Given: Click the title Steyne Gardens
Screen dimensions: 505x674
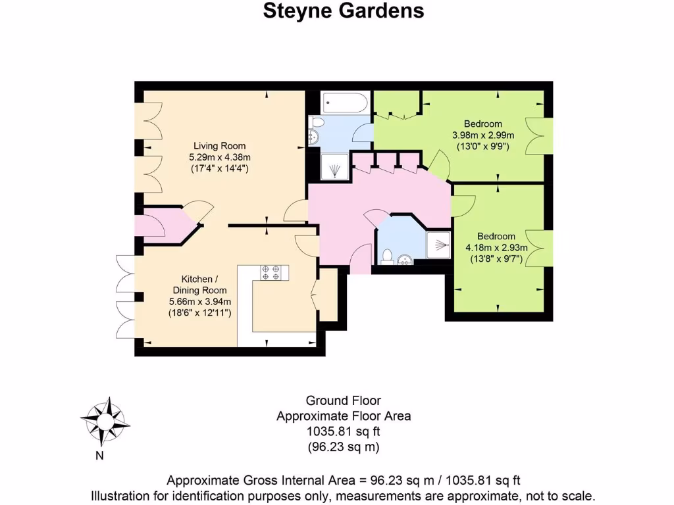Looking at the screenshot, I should [343, 11].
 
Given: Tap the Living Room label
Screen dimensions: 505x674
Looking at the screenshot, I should [219, 146].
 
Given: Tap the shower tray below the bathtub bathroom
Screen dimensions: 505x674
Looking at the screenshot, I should [336, 167].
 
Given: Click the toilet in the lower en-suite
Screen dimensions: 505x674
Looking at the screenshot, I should [388, 256].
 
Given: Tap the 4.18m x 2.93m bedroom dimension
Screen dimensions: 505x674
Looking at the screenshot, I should [496, 248].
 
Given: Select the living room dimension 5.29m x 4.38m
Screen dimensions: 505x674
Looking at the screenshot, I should [219, 157].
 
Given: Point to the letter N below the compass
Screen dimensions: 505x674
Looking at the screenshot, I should [99, 455].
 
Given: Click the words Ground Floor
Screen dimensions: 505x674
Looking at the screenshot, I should [343, 400].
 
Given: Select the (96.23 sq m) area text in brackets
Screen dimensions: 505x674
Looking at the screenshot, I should [343, 447].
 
